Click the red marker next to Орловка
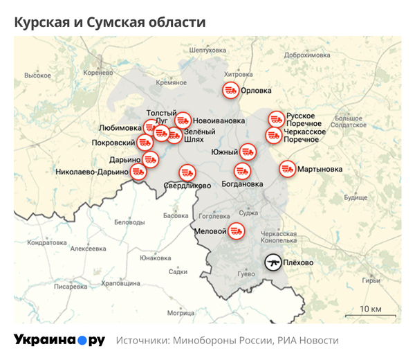(x=230, y=90)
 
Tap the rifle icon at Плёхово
(x=273, y=263)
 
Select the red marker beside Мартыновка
(x=287, y=168)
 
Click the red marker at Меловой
(x=237, y=231)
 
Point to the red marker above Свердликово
(x=187, y=172)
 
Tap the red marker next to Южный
(x=248, y=151)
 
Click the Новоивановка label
(x=221, y=118)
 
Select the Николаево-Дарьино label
(x=92, y=172)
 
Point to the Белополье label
(x=129, y=222)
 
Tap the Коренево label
(x=97, y=72)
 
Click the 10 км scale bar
(x=370, y=316)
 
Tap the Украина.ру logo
(x=59, y=340)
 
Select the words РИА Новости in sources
(x=308, y=341)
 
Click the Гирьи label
(x=371, y=280)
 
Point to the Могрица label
(x=181, y=313)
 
